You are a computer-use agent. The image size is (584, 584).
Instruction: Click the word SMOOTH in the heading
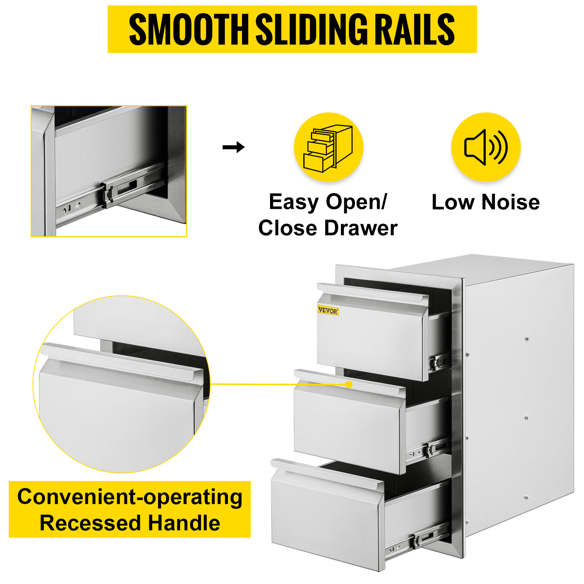pyautogui.click(x=189, y=29)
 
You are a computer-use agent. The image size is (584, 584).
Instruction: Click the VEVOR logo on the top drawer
pyautogui.click(x=328, y=311)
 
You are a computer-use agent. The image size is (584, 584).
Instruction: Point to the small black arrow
pyautogui.click(x=234, y=147)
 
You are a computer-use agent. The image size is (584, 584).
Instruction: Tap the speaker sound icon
pyautogui.click(x=486, y=147)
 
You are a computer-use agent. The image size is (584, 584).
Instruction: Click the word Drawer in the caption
pyautogui.click(x=361, y=228)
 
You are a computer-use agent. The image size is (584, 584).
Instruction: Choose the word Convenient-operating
pyautogui.click(x=130, y=497)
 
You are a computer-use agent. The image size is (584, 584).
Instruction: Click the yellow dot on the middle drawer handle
pyautogui.click(x=349, y=384)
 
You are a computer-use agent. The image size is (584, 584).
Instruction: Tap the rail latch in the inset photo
pyautogui.click(x=108, y=195)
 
